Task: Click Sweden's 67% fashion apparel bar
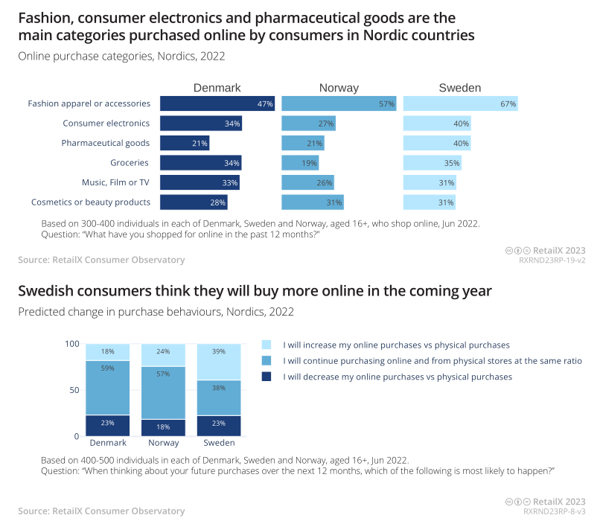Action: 460,104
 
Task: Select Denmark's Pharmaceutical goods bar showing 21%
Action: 185,143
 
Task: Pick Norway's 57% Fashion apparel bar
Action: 339,104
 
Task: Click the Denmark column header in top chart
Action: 217,88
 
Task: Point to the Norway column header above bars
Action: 339,88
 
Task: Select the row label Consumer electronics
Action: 106,124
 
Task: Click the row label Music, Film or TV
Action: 115,182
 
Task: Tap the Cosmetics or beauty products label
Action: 91,202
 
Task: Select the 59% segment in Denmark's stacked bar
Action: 107,387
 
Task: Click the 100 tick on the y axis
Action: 72,344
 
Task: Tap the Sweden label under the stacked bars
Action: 219,444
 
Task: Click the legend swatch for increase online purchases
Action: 267,345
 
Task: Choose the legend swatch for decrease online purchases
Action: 267,377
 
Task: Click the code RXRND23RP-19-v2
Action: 552,261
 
